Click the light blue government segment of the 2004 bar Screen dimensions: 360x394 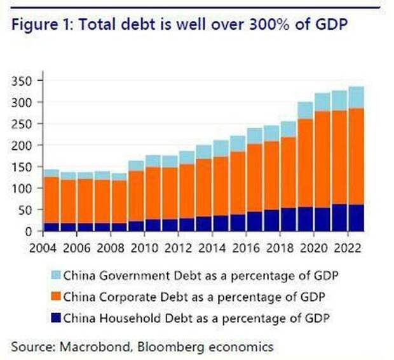(50, 173)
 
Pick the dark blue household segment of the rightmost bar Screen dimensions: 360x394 (356, 218)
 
